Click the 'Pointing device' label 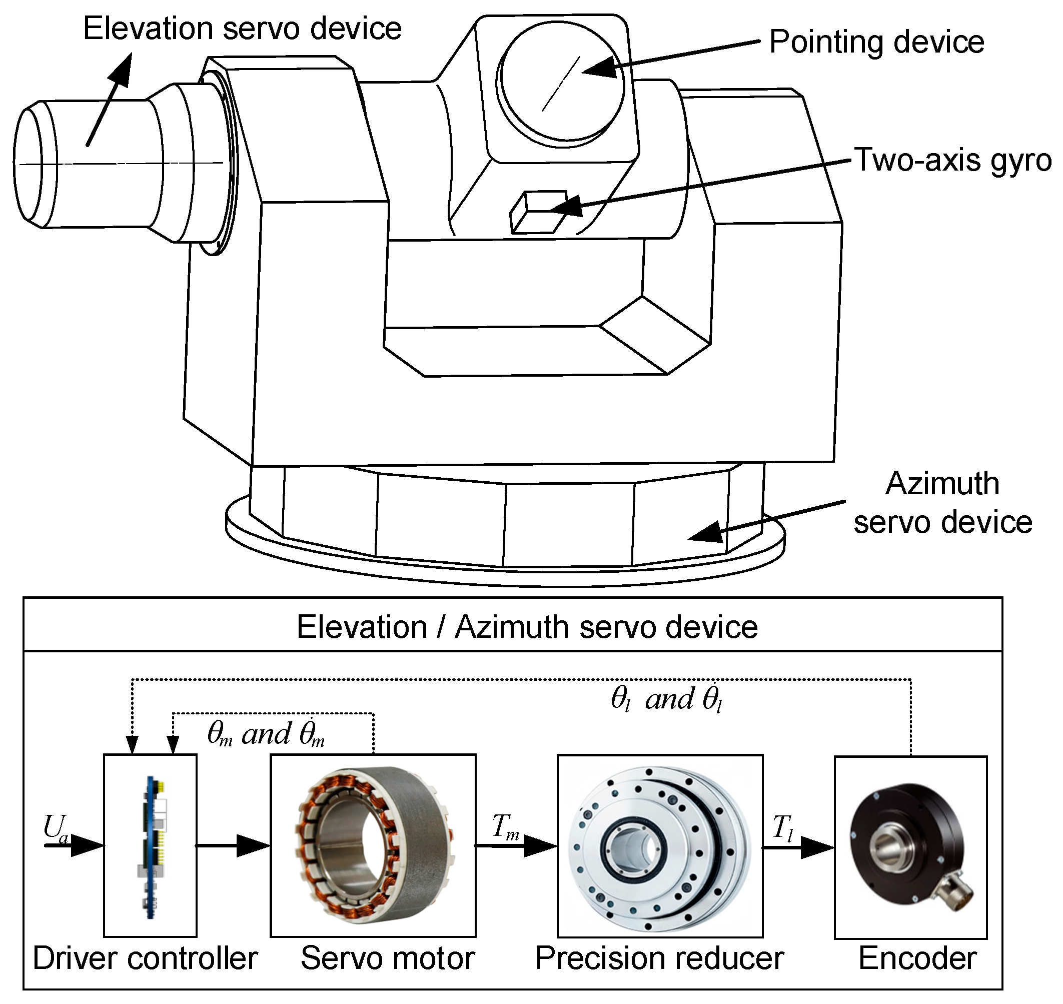point(876,43)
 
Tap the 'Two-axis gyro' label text point(952,160)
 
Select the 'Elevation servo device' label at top point(242,29)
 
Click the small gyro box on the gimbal point(537,213)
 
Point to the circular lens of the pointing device point(560,86)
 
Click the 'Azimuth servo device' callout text point(942,503)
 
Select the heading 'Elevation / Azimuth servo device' point(527,627)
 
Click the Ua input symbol point(56,829)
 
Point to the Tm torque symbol point(505,827)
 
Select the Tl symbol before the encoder point(782,829)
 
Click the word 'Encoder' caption point(917,958)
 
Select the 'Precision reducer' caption point(659,958)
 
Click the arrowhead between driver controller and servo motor point(253,845)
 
